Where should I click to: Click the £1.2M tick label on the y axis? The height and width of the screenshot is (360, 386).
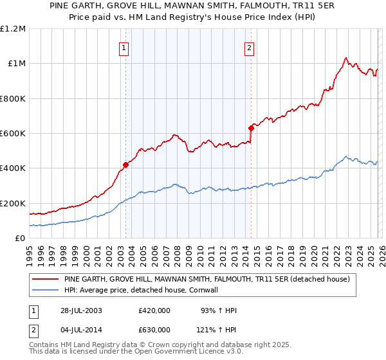tap(13, 29)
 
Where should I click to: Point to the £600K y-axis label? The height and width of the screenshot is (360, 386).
tap(13, 134)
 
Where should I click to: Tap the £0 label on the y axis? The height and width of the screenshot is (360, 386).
tap(20, 239)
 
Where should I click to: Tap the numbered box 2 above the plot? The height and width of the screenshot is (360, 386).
tap(249, 46)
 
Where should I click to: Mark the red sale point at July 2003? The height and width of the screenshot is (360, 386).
tap(126, 165)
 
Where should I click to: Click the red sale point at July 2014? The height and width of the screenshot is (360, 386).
tap(251, 128)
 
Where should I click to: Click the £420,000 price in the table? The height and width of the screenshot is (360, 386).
tap(154, 310)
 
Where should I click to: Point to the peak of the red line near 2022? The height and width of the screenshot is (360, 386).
tap(346, 57)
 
